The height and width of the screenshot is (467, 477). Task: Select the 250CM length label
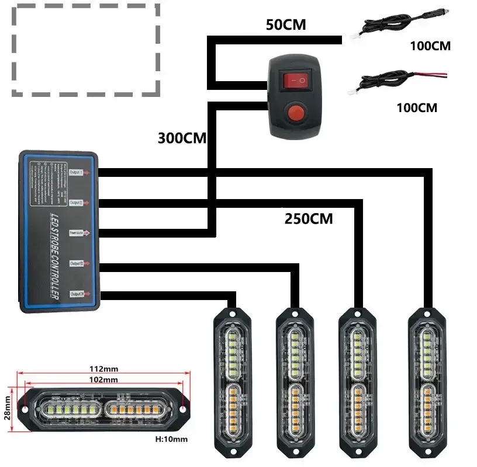tap(309, 219)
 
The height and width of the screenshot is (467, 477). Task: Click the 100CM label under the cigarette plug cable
tap(430, 46)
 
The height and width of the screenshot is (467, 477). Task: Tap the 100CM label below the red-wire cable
tap(416, 108)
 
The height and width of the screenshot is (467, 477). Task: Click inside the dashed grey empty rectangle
tap(85, 50)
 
